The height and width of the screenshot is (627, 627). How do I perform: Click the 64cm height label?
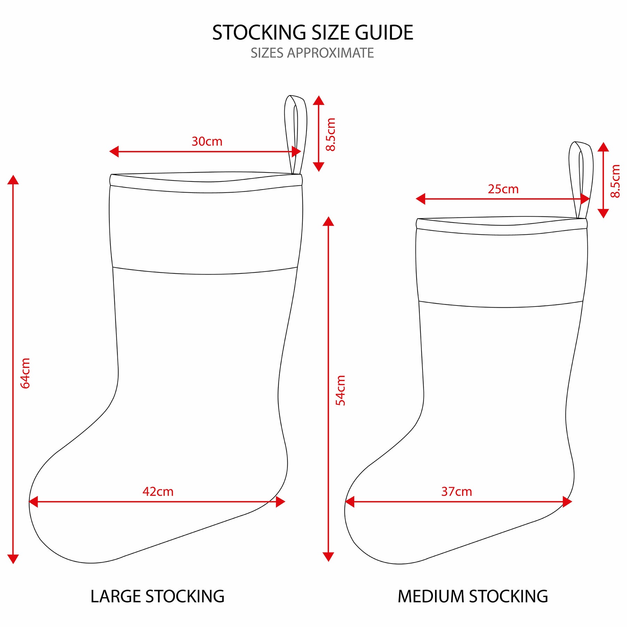click(x=25, y=373)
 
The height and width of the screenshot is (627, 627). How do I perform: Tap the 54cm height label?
click(x=341, y=390)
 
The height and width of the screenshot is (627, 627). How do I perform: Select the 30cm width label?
click(x=207, y=141)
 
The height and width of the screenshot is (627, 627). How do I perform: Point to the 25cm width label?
click(x=503, y=189)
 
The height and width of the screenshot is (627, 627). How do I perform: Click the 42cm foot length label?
click(x=158, y=491)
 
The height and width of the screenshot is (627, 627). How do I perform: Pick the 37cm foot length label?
click(x=457, y=491)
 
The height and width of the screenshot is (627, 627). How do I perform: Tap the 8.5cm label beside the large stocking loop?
click(x=331, y=134)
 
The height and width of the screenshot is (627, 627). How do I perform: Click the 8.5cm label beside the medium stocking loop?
click(x=616, y=181)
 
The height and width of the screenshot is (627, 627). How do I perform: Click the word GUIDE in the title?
click(x=384, y=33)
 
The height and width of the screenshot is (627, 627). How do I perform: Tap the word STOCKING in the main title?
click(x=259, y=33)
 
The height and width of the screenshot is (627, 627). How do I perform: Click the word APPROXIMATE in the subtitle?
click(x=330, y=53)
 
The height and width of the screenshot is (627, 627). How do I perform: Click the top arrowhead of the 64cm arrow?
click(x=13, y=179)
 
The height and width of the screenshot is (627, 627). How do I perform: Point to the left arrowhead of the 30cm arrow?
click(x=114, y=152)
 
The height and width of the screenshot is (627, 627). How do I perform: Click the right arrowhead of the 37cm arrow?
click(x=567, y=502)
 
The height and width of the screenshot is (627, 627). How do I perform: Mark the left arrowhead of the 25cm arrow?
click(x=420, y=199)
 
